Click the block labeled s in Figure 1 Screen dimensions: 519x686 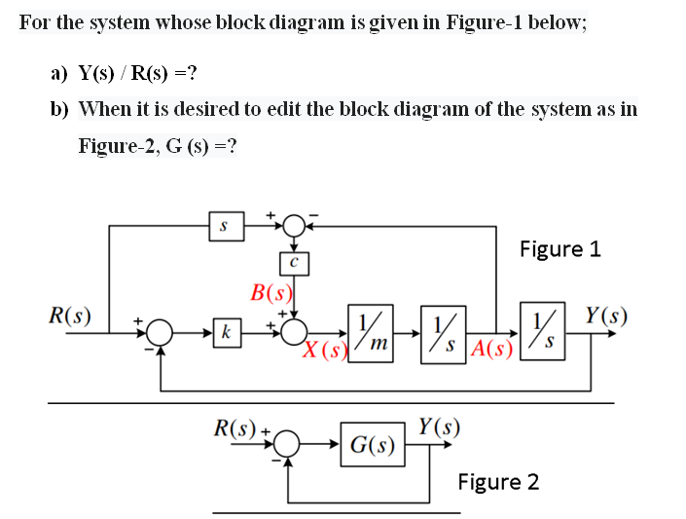pos(224,227)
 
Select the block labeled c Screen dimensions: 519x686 pos(293,262)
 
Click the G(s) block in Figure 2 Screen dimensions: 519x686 pos(373,445)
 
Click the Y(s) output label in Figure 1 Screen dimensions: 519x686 pos(605,315)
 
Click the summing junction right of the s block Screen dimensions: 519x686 pos(293,227)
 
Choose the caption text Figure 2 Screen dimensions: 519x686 pos(498,482)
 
